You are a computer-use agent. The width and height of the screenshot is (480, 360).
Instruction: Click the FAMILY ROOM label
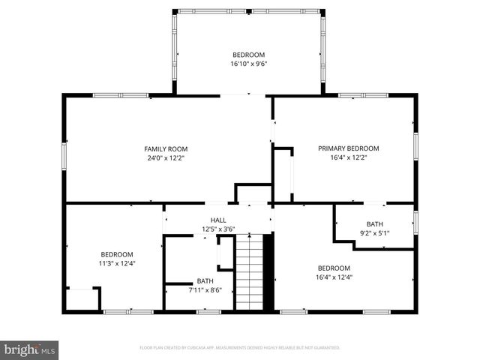tap(166, 148)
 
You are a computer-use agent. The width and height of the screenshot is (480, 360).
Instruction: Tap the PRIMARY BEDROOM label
tap(348, 148)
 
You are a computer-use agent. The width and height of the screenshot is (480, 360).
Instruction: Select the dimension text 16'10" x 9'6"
tap(248, 64)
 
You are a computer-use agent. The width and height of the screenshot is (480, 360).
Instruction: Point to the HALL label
tap(218, 220)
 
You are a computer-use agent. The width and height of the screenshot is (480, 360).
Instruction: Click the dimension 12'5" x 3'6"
tap(218, 229)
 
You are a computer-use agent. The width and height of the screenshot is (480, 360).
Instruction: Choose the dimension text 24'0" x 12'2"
tap(166, 157)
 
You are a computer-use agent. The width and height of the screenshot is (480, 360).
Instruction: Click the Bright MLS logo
tap(30, 349)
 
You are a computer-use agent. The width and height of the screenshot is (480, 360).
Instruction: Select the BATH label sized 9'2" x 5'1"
tap(373, 224)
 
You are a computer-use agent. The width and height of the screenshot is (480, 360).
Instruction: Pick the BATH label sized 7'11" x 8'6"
tap(205, 281)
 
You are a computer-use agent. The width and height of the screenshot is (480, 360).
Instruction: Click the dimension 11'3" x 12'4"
tap(118, 263)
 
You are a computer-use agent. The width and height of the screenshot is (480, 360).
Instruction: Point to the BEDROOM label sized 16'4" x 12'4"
tap(334, 268)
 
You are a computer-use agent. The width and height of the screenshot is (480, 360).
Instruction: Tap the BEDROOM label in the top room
tap(248, 55)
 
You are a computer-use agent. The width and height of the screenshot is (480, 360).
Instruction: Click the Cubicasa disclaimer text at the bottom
tap(240, 348)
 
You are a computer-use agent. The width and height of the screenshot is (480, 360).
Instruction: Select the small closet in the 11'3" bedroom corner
tap(82, 298)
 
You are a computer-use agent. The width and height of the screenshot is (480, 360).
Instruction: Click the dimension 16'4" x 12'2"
tap(348, 157)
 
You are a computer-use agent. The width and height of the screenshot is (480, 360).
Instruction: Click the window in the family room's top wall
tap(120, 95)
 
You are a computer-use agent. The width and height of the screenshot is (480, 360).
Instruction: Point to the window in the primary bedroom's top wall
tap(352, 95)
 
